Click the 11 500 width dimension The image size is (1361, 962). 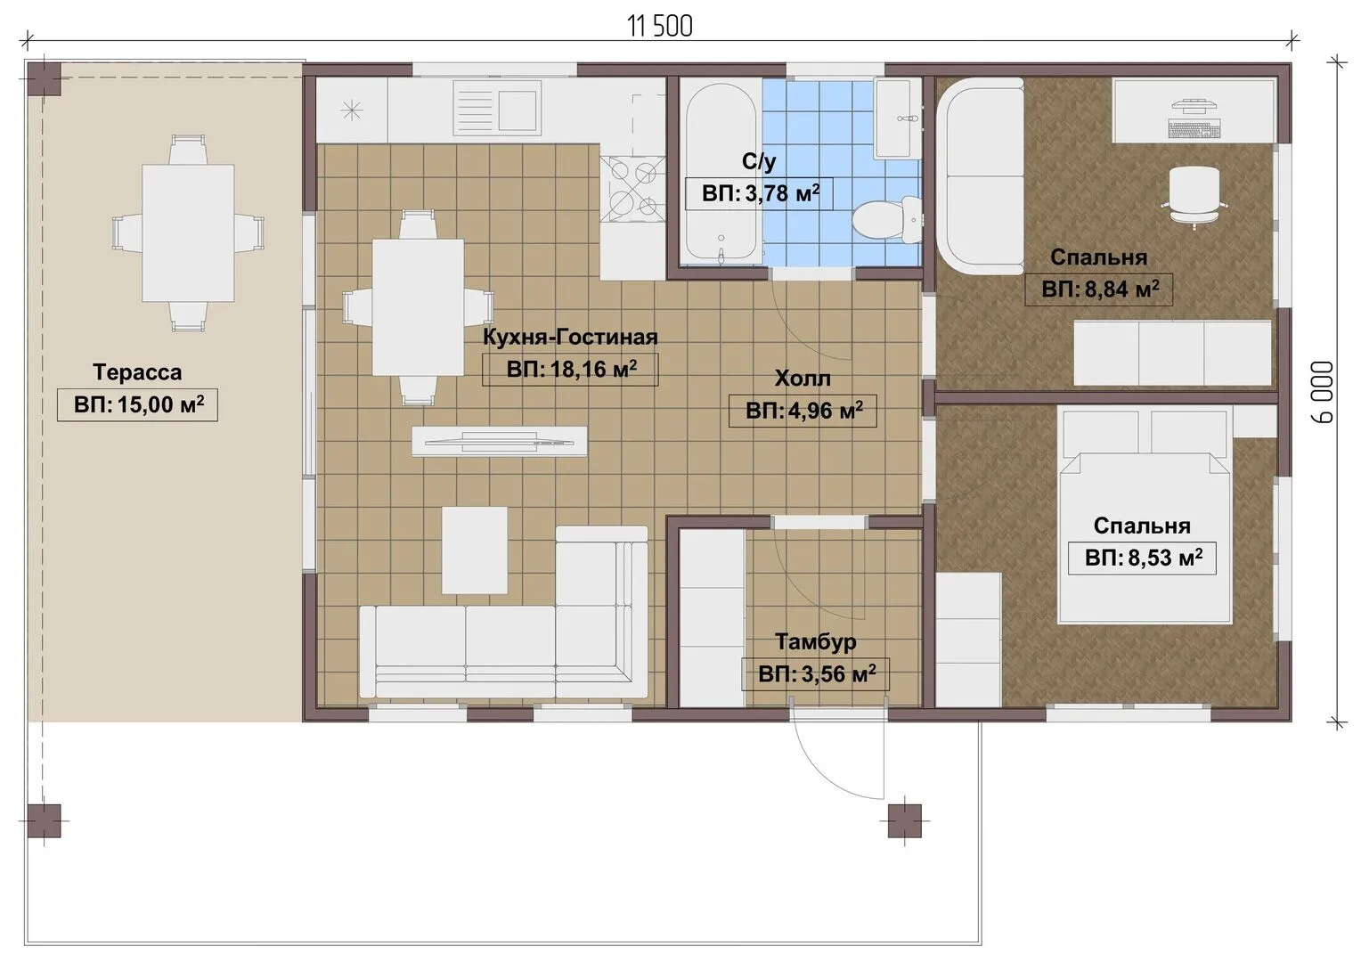pyautogui.click(x=660, y=27)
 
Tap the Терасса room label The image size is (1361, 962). pyautogui.click(x=137, y=372)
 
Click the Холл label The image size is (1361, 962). pyautogui.click(x=803, y=379)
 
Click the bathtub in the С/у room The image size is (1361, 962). pyautogui.click(x=721, y=172)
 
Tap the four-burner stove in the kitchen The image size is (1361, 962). pyautogui.click(x=633, y=188)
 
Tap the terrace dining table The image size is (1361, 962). pyautogui.click(x=188, y=232)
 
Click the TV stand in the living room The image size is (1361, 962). pyautogui.click(x=500, y=441)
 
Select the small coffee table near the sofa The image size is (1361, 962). pyautogui.click(x=475, y=550)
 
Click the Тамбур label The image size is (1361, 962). pyautogui.click(x=815, y=641)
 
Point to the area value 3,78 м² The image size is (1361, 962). pyautogui.click(x=761, y=193)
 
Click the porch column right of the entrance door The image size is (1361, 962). pyautogui.click(x=904, y=820)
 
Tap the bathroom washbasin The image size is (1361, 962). pyautogui.click(x=893, y=118)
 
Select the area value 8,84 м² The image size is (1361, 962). pyautogui.click(x=1100, y=289)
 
